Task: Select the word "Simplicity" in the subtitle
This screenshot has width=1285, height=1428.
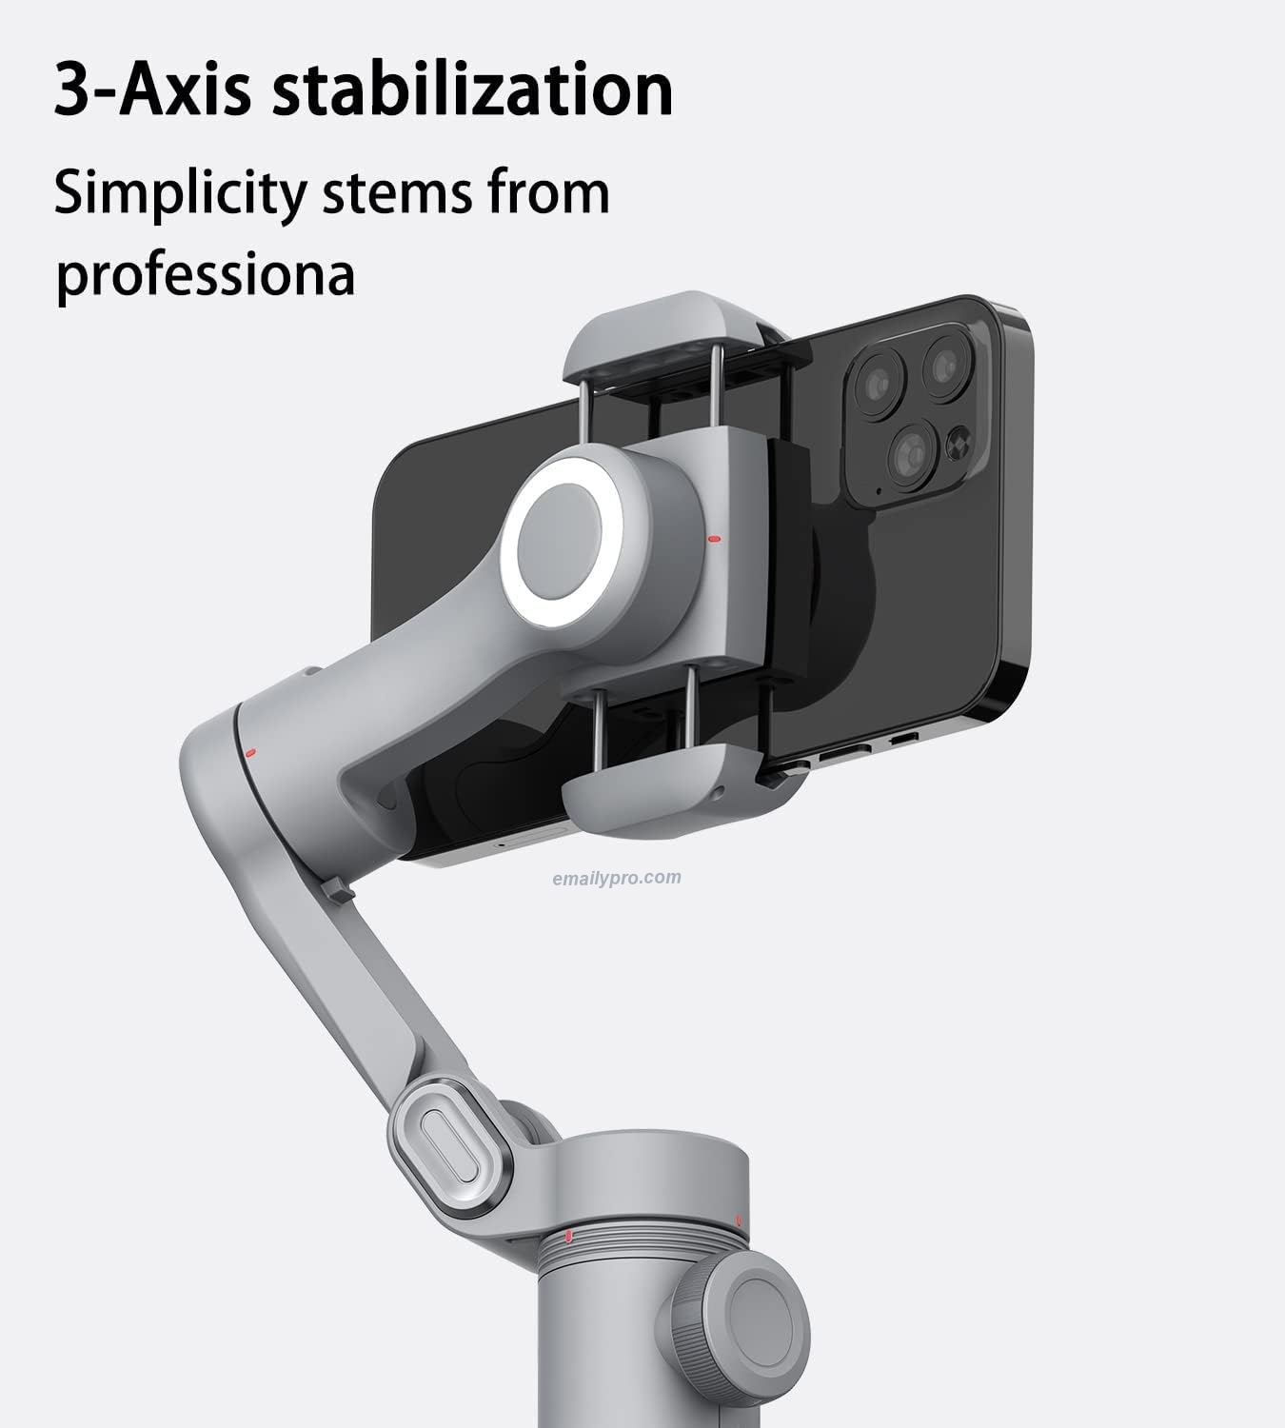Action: (x=180, y=193)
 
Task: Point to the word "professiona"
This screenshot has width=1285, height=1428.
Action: (x=205, y=273)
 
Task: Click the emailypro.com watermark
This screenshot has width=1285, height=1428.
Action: (x=617, y=878)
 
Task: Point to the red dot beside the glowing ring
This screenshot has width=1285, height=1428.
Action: (x=715, y=539)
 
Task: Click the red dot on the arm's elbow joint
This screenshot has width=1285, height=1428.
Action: (x=250, y=753)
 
